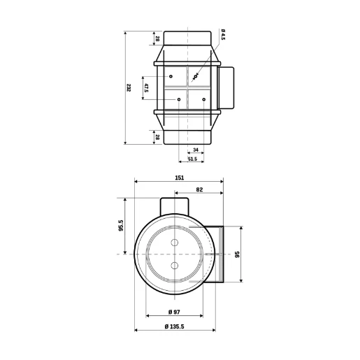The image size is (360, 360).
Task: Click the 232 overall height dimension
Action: (x=129, y=87)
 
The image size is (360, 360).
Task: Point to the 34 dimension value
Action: (x=194, y=150)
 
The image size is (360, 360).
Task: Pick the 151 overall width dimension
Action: (x=179, y=179)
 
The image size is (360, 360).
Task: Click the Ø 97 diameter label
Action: (x=175, y=311)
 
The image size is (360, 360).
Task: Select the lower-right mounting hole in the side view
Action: (x=203, y=100)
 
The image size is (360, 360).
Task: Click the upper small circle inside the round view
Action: (x=175, y=242)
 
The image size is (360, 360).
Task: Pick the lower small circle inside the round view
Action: (x=175, y=265)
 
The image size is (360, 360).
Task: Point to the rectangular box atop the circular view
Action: (x=175, y=206)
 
